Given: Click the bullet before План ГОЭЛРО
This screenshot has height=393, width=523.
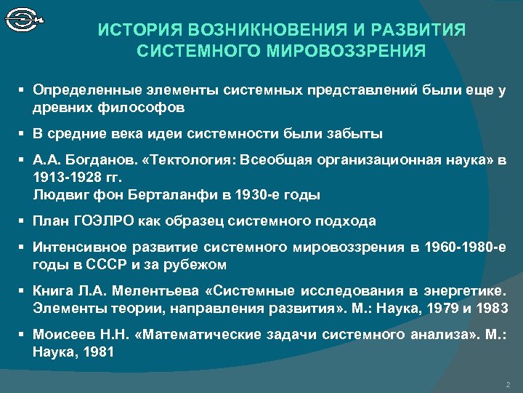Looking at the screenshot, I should (23, 221).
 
